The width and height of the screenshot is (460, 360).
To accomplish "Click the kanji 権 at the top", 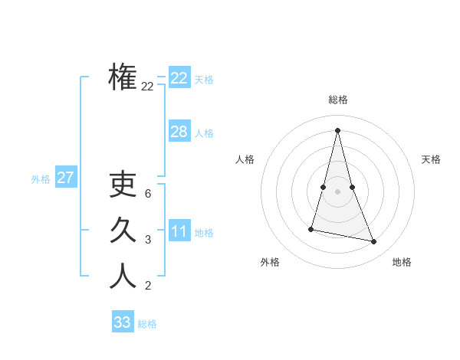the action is click(123, 77).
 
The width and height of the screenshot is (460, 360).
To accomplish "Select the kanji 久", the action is click(123, 230).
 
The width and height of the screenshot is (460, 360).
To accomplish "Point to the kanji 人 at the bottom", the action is click(123, 276).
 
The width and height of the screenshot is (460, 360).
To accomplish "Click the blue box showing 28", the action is click(179, 132).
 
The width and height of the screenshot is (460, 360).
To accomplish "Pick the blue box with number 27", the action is click(65, 178).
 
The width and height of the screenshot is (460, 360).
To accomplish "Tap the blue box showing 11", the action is click(179, 231).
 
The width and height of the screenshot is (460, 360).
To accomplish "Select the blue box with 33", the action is click(123, 322).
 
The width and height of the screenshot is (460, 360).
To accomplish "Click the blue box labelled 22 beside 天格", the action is click(179, 78).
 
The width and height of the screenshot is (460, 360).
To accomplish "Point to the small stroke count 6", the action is click(147, 193).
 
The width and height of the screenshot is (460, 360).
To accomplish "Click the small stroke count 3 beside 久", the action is click(147, 240).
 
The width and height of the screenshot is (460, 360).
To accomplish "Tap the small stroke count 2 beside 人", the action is click(147, 286).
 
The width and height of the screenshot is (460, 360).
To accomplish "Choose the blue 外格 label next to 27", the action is click(41, 179).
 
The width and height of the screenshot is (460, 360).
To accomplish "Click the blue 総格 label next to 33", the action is click(147, 324).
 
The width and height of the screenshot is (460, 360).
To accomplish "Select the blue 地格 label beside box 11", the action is click(204, 233).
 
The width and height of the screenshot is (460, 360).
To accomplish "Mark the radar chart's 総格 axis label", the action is click(338, 100).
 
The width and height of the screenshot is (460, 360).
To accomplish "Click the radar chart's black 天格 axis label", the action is click(432, 159).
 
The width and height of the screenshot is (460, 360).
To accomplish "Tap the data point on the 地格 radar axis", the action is click(374, 241).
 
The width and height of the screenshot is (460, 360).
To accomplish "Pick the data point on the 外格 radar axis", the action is click(312, 229).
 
